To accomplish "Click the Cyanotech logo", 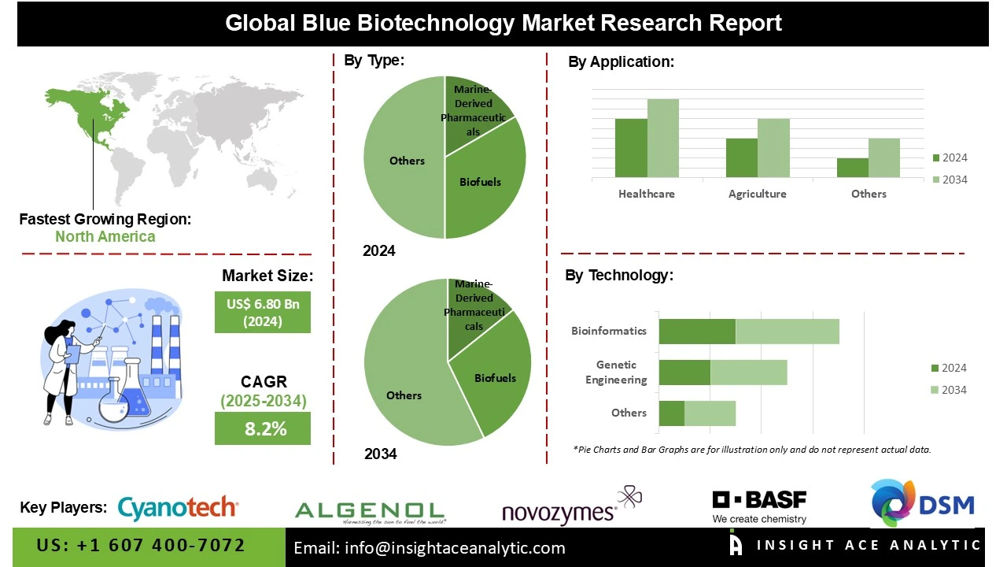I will [x=178, y=508].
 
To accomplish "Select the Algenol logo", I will [x=370, y=512].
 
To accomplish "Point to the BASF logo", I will [x=759, y=506].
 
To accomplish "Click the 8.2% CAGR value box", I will [x=263, y=429].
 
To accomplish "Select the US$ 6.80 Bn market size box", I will [x=263, y=312].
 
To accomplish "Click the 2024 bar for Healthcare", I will [x=631, y=148].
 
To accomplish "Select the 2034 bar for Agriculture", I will [x=773, y=148].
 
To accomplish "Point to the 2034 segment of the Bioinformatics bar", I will [x=787, y=332].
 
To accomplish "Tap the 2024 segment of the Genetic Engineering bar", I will [x=684, y=372].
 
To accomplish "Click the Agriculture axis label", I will [x=757, y=194].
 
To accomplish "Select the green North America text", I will [x=105, y=236].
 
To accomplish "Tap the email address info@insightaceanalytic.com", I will [x=430, y=548].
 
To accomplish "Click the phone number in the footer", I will [x=142, y=546].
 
